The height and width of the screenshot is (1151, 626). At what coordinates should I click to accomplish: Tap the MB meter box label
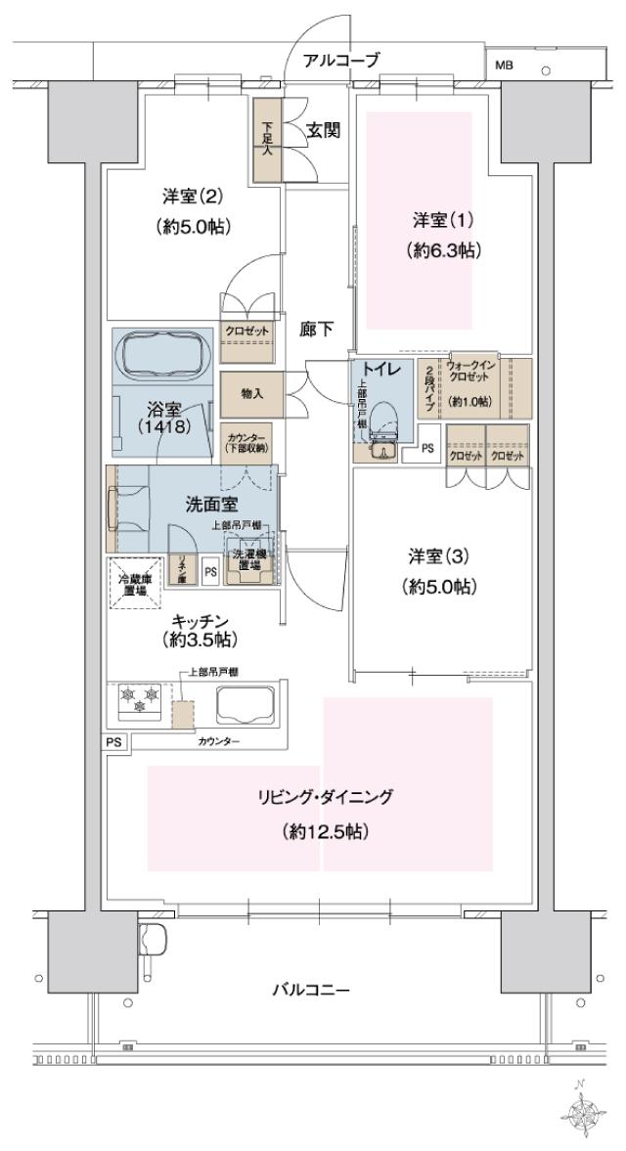tap(504, 66)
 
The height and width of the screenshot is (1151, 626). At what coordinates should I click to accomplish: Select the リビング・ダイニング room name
tap(320, 797)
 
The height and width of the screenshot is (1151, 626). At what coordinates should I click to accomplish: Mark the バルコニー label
tap(310, 990)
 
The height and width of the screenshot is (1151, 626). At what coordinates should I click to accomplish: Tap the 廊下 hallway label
tap(315, 332)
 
